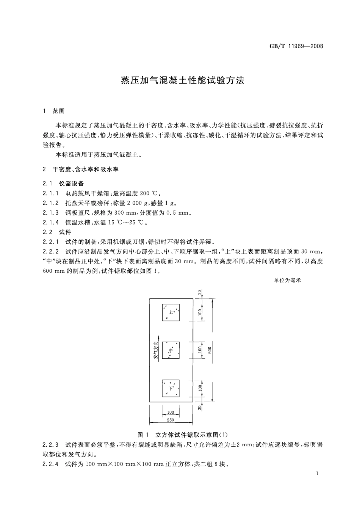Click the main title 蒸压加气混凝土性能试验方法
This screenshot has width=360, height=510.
pos(182,80)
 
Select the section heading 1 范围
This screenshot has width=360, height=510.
pos(54,111)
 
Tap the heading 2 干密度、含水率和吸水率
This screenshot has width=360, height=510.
pos(80,169)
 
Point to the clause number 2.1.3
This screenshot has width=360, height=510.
pos(51,213)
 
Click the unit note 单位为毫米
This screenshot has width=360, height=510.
pos(287,280)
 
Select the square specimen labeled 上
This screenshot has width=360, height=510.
pos(171,312)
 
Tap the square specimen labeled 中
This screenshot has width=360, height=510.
pos(171,350)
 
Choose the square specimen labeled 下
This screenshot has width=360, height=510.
pos(171,388)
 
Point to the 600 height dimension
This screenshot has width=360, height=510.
pos(210,350)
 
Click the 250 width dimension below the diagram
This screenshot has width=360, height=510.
pos(171,420)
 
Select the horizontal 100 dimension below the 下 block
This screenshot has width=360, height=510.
pos(171,412)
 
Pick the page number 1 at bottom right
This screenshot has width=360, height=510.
pos(317,474)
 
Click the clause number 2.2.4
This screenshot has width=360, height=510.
pos(51,464)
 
